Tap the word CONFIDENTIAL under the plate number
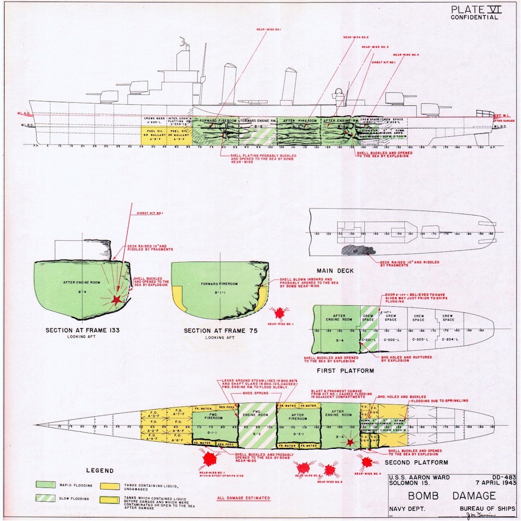[x=474, y=17]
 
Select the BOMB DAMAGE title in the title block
[x=451, y=495]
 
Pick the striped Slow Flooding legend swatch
[x=46, y=498]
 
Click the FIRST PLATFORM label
[x=345, y=371]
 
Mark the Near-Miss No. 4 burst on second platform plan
[x=366, y=462]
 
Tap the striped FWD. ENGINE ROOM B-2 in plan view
[x=257, y=423]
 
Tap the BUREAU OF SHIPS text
[x=487, y=508]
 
